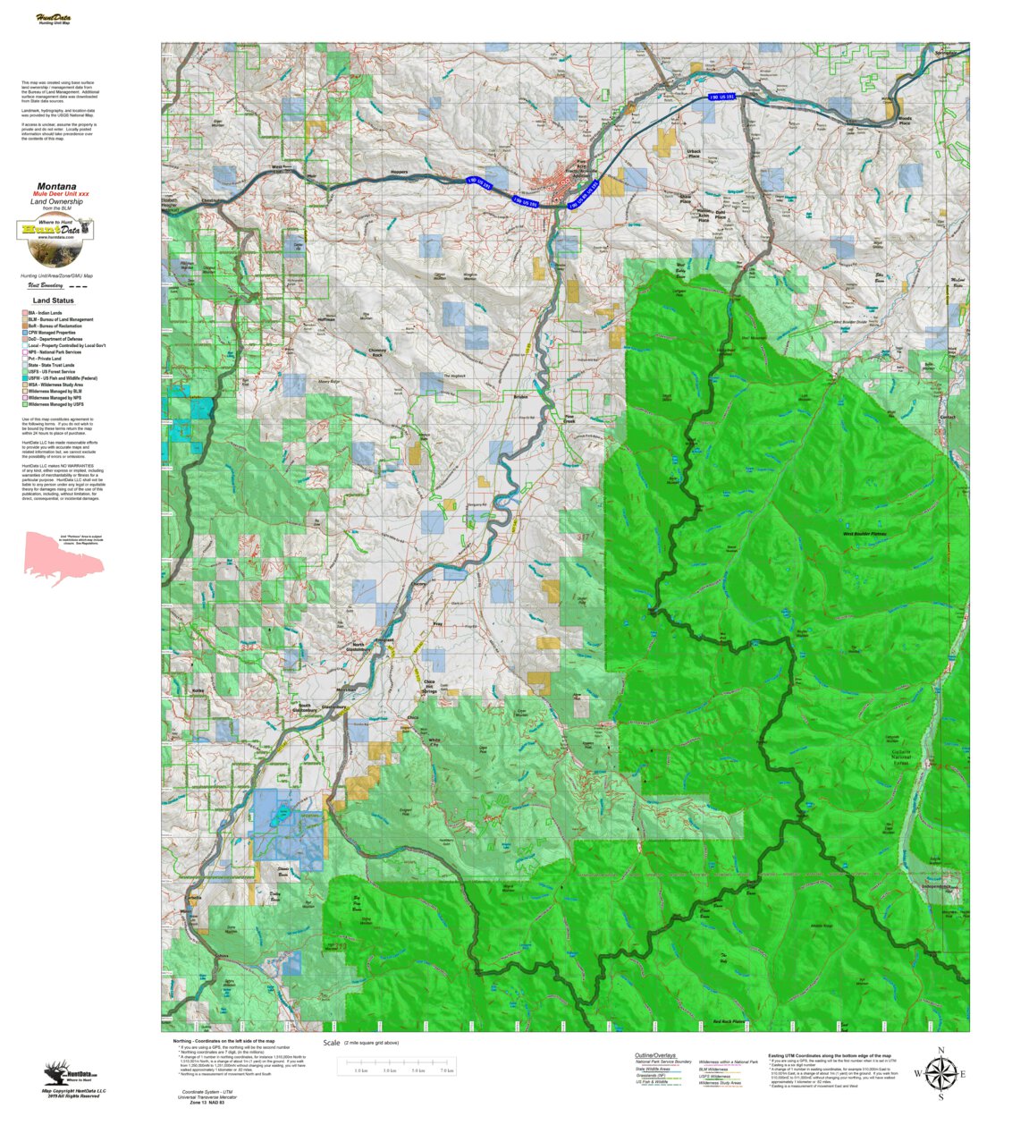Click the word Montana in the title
click(x=56, y=187)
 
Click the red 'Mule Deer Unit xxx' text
click(x=61, y=194)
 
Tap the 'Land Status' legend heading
click(x=54, y=300)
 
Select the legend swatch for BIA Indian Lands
click(x=24, y=313)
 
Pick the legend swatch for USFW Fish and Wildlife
click(x=24, y=378)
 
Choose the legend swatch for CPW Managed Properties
click(x=24, y=333)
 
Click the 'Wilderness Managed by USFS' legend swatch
click(x=24, y=404)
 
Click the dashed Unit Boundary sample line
click(x=79, y=287)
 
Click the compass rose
click(x=940, y=1073)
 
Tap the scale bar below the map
click(x=397, y=1065)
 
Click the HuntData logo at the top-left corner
click(x=54, y=19)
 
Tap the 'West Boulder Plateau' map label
click(x=864, y=534)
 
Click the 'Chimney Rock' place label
click(x=377, y=353)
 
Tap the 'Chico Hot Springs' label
click(x=429, y=687)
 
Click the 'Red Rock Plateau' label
click(x=729, y=1021)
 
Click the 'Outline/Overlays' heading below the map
click(x=655, y=1055)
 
